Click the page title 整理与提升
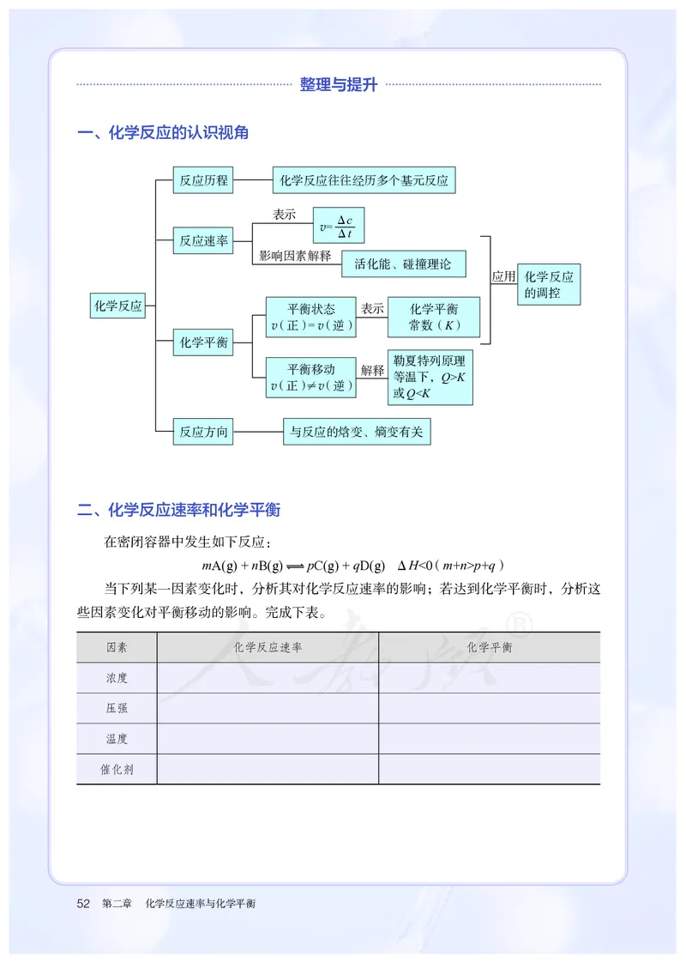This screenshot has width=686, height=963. (339, 85)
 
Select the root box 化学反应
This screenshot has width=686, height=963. (118, 306)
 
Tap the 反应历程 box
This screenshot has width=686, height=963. (203, 180)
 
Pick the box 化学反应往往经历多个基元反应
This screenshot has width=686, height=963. (364, 180)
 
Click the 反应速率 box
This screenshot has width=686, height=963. (203, 241)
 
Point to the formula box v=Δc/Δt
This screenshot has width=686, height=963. (339, 227)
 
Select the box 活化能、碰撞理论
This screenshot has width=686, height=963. (403, 263)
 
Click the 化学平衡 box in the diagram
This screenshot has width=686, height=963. (203, 342)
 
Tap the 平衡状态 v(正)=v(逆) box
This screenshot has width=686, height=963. (311, 317)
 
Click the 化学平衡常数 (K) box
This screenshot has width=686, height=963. (434, 317)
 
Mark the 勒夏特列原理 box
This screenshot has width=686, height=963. (430, 377)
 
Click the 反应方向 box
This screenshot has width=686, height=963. (203, 432)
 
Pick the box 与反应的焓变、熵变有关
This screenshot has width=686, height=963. (356, 432)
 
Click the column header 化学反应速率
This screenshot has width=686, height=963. (268, 647)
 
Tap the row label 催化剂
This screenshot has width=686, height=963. (117, 769)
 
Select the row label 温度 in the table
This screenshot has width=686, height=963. (117, 738)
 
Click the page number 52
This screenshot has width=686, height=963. (83, 903)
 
